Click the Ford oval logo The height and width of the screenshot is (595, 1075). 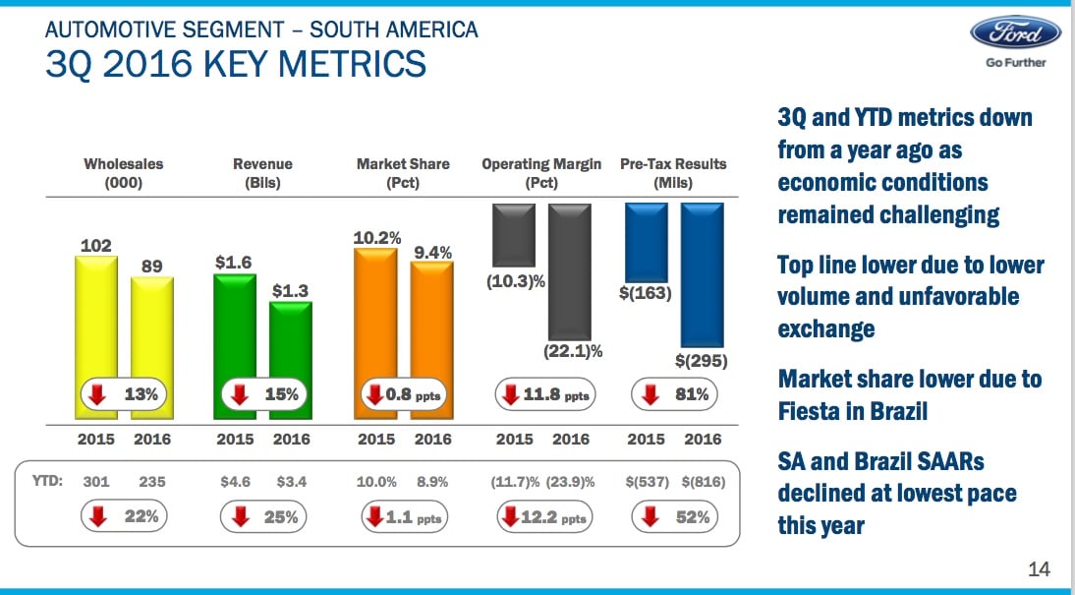tap(1015, 32)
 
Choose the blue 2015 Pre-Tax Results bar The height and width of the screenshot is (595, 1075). tap(647, 241)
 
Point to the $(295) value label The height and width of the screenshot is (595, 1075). tap(702, 361)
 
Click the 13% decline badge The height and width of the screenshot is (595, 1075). tap(122, 394)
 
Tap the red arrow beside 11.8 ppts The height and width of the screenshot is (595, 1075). tap(512, 394)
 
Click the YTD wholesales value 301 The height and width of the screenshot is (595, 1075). tap(95, 482)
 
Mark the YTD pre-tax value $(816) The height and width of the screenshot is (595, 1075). tap(703, 482)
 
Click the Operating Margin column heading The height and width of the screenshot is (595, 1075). tap(541, 173)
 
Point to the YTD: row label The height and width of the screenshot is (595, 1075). tap(48, 482)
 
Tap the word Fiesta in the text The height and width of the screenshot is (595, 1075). tap(810, 410)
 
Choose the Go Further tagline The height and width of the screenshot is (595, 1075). tap(1016, 63)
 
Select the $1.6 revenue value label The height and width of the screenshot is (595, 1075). tap(234, 263)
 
